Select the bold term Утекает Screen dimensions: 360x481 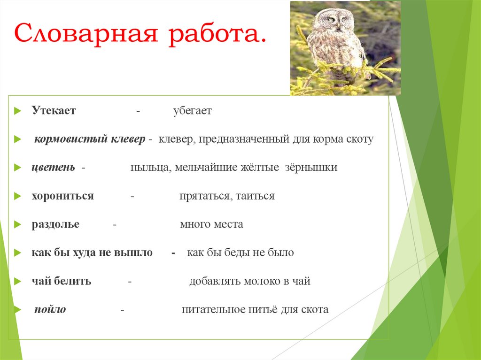tap(54, 111)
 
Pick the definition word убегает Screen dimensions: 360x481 tap(192, 111)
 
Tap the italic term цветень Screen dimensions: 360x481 tap(53, 168)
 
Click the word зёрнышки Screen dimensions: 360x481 tap(310, 168)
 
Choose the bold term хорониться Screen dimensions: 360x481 tap(62, 196)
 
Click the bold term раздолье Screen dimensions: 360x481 tap(55, 224)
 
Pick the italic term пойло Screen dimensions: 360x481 tap(50, 310)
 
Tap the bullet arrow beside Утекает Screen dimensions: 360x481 tap(17, 111)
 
